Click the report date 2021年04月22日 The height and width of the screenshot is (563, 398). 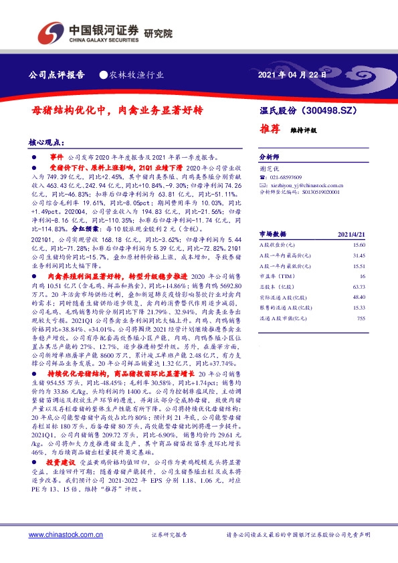click(292, 75)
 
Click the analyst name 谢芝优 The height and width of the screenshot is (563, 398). click(267, 169)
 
